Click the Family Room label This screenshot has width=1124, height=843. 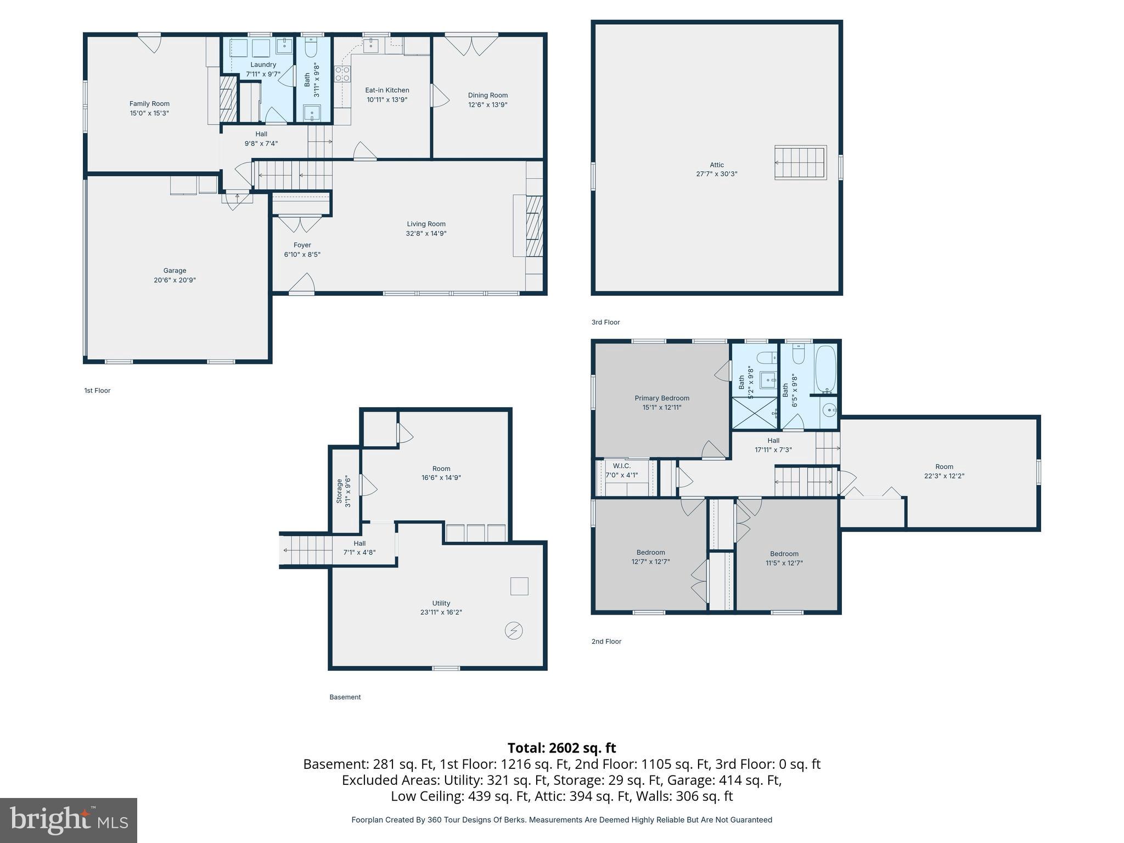(x=149, y=104)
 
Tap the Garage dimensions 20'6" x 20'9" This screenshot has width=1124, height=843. (x=175, y=280)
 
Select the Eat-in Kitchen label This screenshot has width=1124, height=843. (x=387, y=90)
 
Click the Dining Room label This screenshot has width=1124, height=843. (x=487, y=95)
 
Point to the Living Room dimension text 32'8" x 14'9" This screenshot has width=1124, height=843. (x=426, y=233)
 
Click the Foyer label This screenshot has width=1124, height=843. (x=302, y=245)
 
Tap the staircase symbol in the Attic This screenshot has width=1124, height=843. (x=800, y=162)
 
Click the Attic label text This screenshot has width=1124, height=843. (x=716, y=165)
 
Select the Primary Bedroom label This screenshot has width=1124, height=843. (x=661, y=398)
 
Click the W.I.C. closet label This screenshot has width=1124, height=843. (x=621, y=466)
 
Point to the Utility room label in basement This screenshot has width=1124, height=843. (x=441, y=603)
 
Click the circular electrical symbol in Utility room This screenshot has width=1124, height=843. (x=514, y=631)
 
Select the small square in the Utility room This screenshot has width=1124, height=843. (x=519, y=586)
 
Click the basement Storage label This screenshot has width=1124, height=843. (x=339, y=491)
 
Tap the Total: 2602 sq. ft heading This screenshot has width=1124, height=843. (x=561, y=748)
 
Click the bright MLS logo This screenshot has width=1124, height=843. (x=69, y=820)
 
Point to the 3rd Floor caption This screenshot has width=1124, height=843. (x=605, y=322)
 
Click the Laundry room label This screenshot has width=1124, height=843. (x=263, y=65)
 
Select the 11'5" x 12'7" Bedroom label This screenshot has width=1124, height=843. (x=784, y=554)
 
